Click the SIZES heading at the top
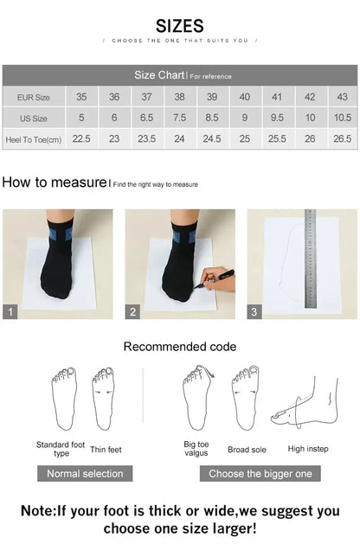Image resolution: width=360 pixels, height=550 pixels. click(x=180, y=26)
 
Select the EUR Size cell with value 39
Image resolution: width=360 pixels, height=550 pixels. click(x=212, y=97)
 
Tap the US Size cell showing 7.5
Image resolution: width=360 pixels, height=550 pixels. click(x=179, y=118)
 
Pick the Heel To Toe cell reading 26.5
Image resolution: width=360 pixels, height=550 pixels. click(x=342, y=138)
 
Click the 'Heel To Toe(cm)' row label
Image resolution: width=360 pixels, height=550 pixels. click(x=34, y=138)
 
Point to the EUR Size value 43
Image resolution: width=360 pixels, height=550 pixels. click(x=342, y=97)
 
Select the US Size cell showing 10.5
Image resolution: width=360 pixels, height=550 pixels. click(x=342, y=118)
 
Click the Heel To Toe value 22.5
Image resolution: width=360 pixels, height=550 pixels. click(x=81, y=138)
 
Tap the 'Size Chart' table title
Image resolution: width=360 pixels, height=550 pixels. click(x=157, y=75)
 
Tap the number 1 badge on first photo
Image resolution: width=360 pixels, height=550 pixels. click(x=10, y=312)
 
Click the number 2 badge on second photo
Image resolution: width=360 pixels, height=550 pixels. click(x=132, y=312)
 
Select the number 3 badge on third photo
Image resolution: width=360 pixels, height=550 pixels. click(x=254, y=312)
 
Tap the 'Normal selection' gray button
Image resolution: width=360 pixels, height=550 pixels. click(x=84, y=473)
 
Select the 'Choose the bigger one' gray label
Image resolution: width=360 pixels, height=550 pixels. click(x=260, y=473)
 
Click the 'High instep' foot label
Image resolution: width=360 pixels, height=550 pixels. click(x=307, y=449)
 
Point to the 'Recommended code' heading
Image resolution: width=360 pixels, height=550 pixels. click(x=179, y=347)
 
